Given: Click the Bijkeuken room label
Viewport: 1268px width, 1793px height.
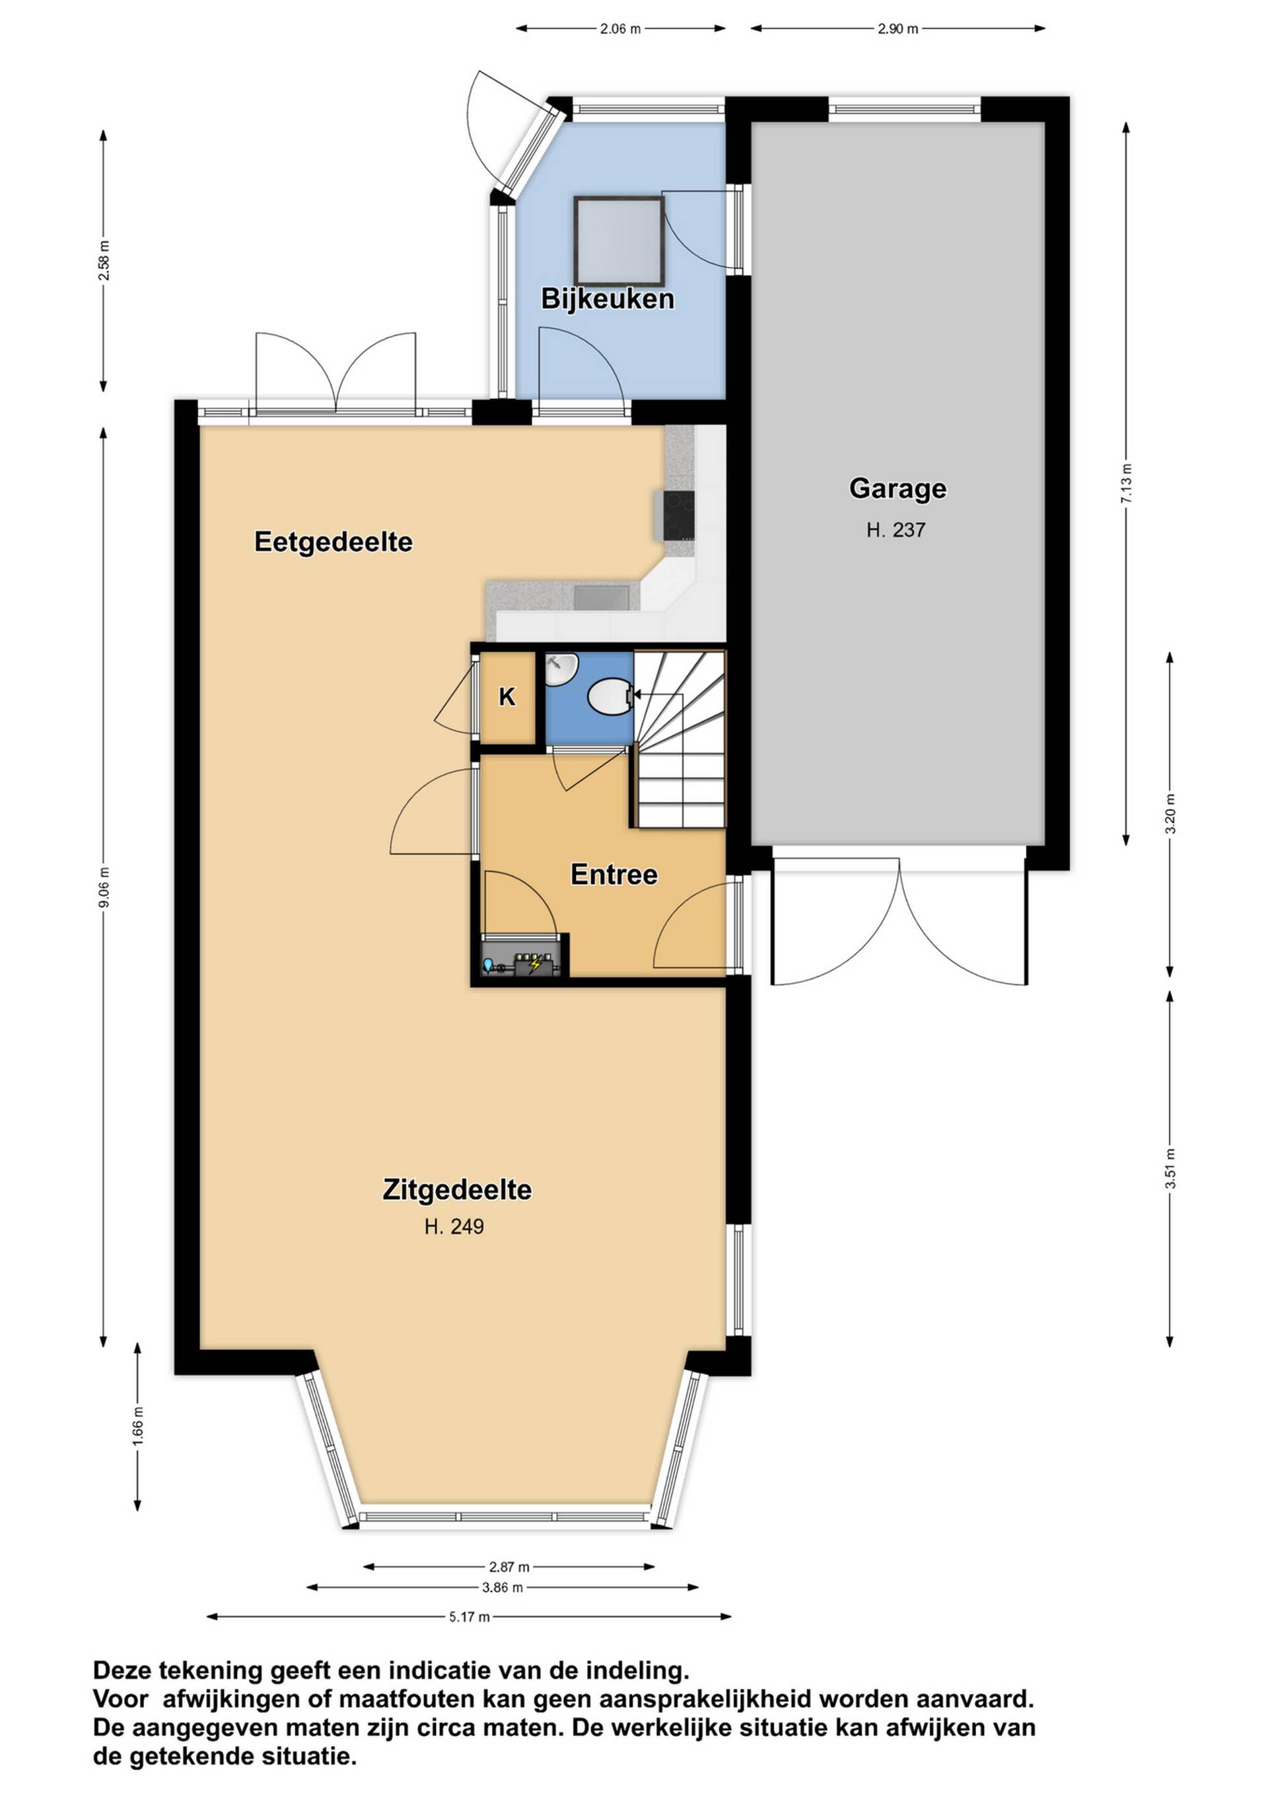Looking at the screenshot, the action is pyautogui.click(x=608, y=299).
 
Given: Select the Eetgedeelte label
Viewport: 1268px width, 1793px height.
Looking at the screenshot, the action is pyautogui.click(x=334, y=542).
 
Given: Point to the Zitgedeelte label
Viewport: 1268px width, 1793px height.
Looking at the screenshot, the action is pyautogui.click(x=457, y=1190).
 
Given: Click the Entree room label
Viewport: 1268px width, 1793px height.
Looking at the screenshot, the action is pyautogui.click(x=614, y=875).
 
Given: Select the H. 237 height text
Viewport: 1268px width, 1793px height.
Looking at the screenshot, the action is pyautogui.click(x=896, y=531).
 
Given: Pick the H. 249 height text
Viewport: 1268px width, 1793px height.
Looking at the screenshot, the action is pyautogui.click(x=454, y=1227).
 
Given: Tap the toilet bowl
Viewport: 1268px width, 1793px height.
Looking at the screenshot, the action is pyautogui.click(x=609, y=696).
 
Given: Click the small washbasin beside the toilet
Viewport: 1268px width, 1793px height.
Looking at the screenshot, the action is pyautogui.click(x=560, y=669).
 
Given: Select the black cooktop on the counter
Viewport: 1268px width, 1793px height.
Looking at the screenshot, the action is pyautogui.click(x=678, y=515).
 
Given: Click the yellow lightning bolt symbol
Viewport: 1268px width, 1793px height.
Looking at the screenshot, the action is pyautogui.click(x=535, y=965).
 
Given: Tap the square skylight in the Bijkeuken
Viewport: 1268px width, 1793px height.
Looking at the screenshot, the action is pyautogui.click(x=619, y=241).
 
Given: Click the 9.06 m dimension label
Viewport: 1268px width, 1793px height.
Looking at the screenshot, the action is pyautogui.click(x=104, y=887).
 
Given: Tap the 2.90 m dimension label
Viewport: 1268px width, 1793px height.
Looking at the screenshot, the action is pyautogui.click(x=898, y=30).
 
